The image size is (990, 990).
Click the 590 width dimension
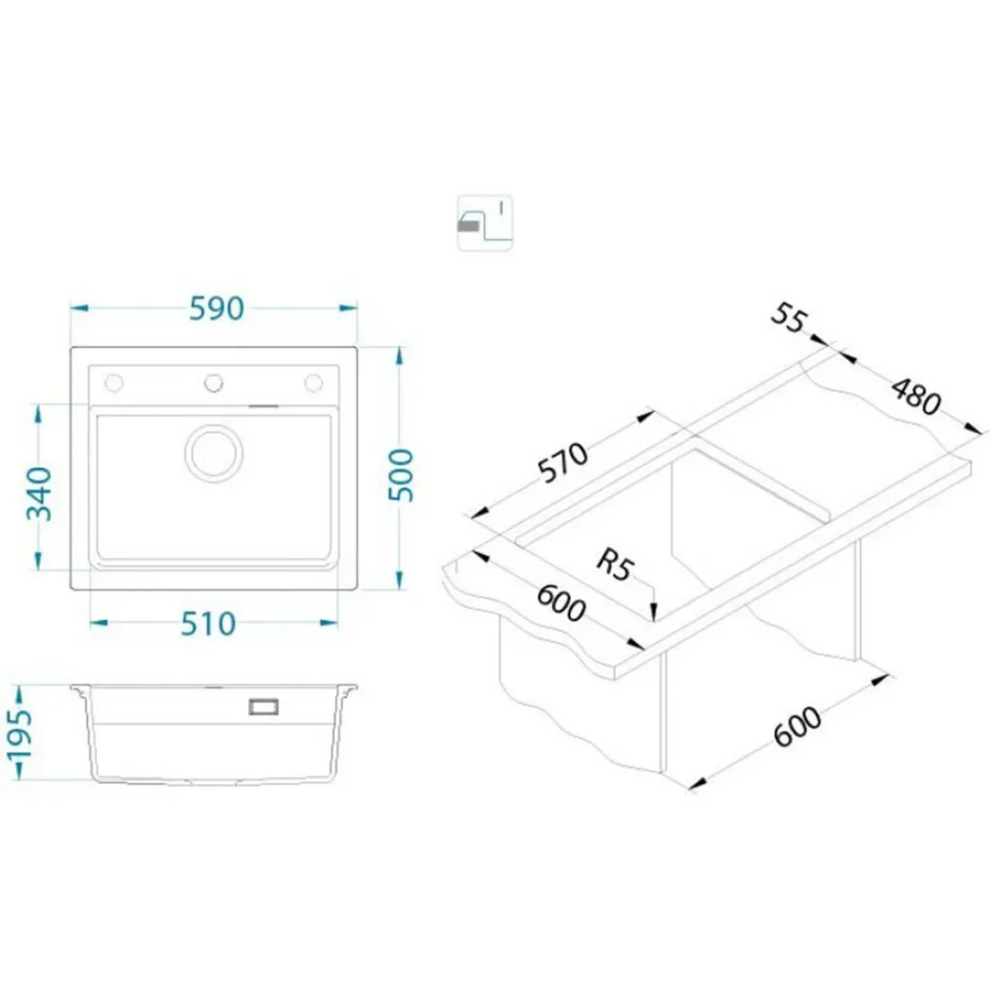pos(217,308)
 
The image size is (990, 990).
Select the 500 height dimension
pos(400,475)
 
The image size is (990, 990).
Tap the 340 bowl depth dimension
pos(39,493)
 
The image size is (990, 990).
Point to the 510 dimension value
pos(209,624)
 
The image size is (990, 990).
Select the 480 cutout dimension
pos(917,395)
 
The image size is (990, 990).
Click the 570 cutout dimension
pos(564,462)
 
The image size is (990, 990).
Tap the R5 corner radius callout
pos(613,565)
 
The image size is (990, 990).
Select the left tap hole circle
pos(114,383)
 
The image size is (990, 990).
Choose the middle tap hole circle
pos(214,383)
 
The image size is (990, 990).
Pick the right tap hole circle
pos(314,383)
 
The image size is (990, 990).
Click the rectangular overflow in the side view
pos(264,707)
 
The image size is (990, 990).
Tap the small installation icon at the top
pos(485,223)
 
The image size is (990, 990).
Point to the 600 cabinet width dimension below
pos(798,726)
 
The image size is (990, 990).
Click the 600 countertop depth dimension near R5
pos(561,603)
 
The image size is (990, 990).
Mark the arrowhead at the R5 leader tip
pos(655,614)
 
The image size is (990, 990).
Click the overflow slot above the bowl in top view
pos(264,407)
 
